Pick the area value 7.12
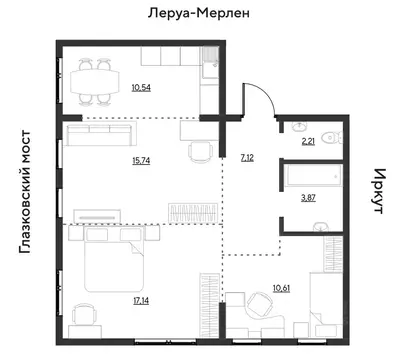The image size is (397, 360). (247, 157)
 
